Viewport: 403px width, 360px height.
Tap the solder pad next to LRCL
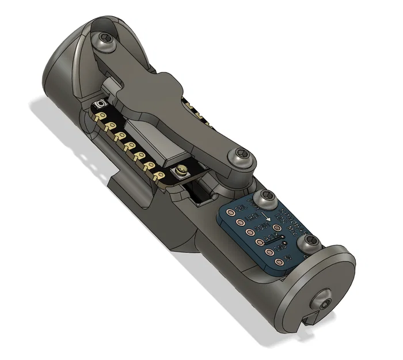click(x=240, y=222)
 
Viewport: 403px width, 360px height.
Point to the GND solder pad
click(x=269, y=251)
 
